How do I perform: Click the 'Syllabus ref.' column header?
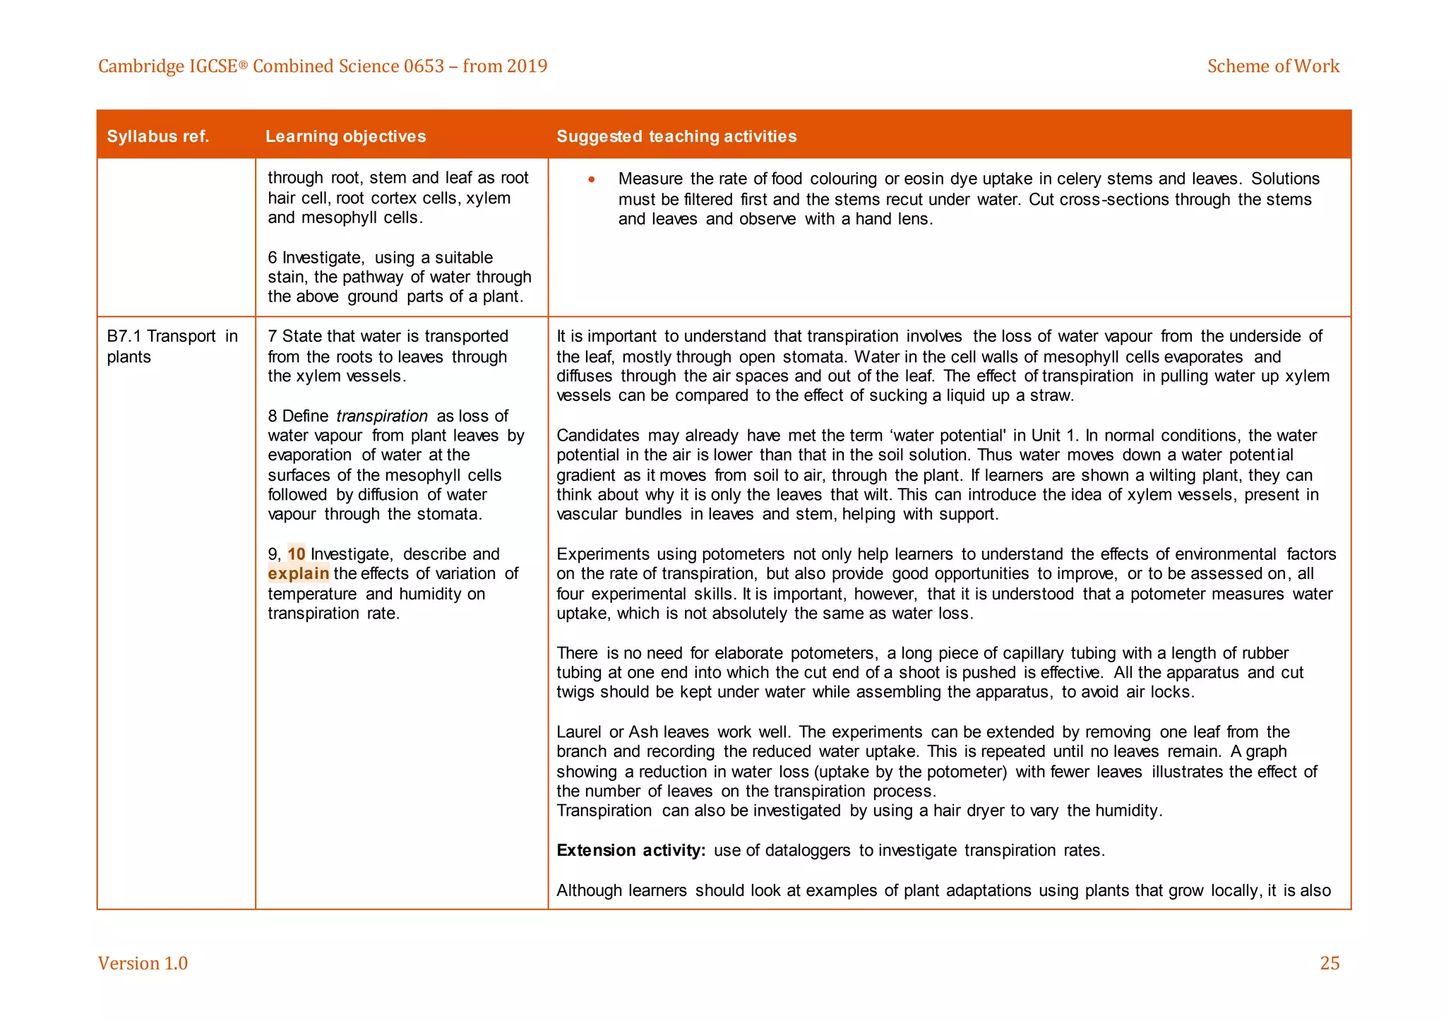(158, 136)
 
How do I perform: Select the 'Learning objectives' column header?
(345, 136)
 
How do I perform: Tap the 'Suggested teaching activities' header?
(676, 136)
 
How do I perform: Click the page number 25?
(1329, 963)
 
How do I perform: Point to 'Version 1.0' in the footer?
(143, 963)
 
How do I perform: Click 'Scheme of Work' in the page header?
(1272, 66)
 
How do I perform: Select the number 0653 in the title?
(424, 66)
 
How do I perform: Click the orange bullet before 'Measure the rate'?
(592, 179)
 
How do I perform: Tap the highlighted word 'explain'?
(298, 574)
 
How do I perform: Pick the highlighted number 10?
(297, 554)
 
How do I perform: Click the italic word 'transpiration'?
(382, 416)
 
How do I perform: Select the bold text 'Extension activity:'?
(631, 850)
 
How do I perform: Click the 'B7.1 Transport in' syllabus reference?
(172, 337)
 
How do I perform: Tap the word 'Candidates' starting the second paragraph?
(597, 436)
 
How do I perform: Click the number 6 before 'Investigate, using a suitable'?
(273, 258)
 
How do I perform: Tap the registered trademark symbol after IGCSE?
(243, 65)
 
